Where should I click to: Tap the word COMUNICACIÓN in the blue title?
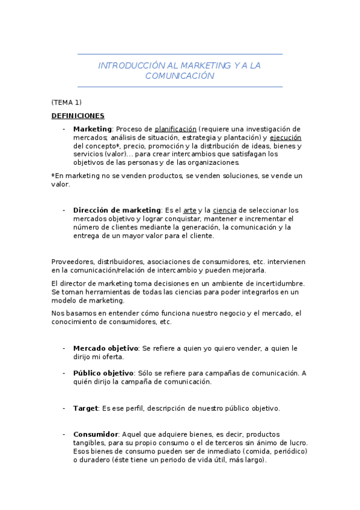coord(180,76)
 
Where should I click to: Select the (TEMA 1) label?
coord(66,102)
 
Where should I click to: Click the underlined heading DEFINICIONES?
coord(78,116)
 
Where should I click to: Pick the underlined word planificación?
coord(175,129)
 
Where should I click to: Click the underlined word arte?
coord(190,210)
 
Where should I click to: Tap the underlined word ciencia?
coord(224,210)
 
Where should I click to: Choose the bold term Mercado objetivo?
coord(105,348)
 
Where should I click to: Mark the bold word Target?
coord(85,408)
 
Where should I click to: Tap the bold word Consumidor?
coord(96,434)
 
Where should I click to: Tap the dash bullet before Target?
coord(64,408)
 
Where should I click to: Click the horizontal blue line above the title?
coord(180,55)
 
